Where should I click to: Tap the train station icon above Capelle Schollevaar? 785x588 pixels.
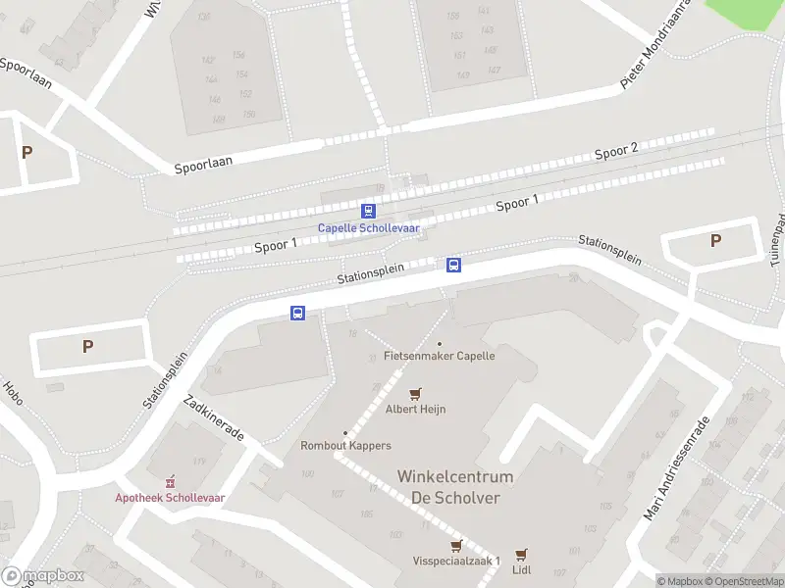pos(368,211)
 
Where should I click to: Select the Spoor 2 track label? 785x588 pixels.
pos(616,151)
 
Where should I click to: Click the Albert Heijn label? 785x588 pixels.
pos(415,409)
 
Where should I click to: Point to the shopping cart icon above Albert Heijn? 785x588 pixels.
pos(415,393)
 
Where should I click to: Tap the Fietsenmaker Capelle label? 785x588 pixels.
pos(440,356)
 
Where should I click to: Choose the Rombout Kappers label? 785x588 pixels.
pos(345,446)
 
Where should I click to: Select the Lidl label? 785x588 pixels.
pos(521,569)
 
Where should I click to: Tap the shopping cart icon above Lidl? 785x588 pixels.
pos(521,554)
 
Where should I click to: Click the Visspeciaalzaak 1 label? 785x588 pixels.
pos(456,561)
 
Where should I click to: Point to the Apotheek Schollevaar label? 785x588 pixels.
pos(170,498)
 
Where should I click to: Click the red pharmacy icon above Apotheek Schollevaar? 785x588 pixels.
pos(170,481)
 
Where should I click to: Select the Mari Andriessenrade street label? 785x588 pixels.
pos(676,468)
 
